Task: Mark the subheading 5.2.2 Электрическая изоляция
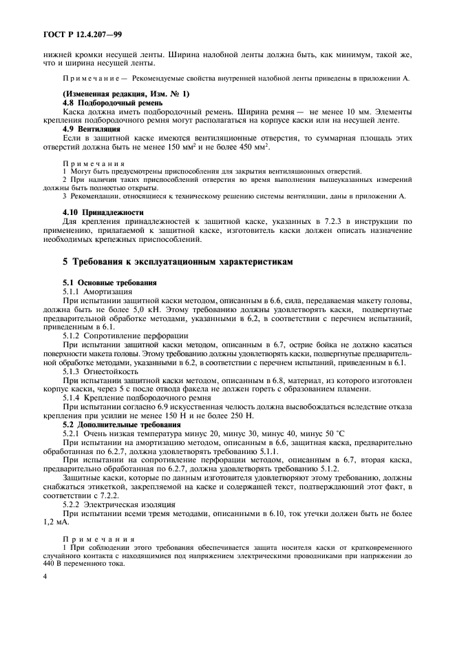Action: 116,504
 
